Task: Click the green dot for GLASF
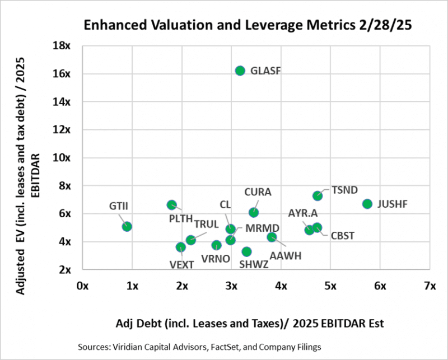[x=240, y=71]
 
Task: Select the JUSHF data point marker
[x=367, y=204]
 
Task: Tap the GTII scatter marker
[x=127, y=226]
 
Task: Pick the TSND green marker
[x=318, y=195]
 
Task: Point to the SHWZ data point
[x=246, y=251]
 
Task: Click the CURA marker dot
[x=254, y=212]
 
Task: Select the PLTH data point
[x=172, y=205]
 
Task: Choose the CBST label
[x=342, y=236]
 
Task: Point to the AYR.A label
[x=303, y=213]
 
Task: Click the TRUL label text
[x=206, y=224]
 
